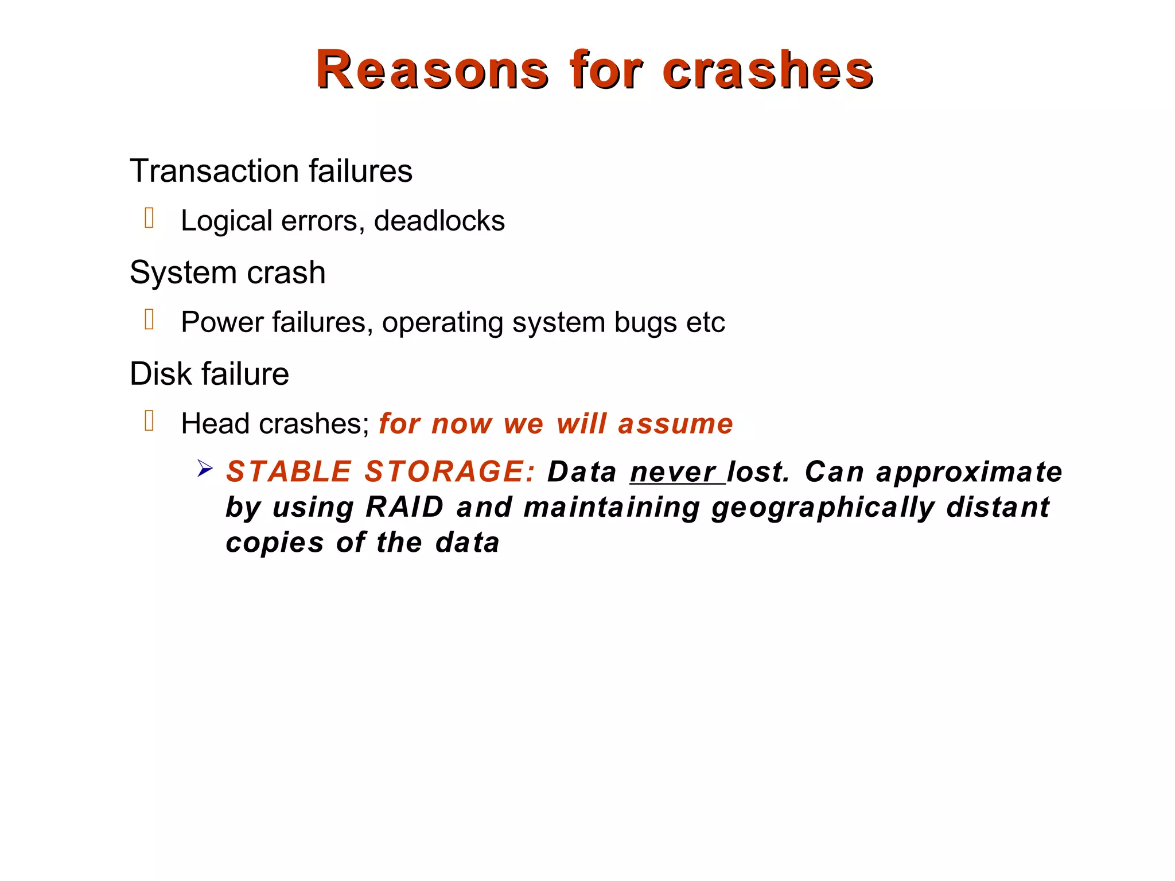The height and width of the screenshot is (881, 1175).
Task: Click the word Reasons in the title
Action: tap(431, 70)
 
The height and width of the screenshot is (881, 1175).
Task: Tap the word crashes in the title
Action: tap(768, 70)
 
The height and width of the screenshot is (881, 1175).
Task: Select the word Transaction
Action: tap(215, 171)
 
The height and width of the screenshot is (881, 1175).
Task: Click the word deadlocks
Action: tap(439, 221)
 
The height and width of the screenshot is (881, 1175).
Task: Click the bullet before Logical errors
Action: tap(149, 219)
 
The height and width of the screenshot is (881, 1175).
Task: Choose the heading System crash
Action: tap(227, 272)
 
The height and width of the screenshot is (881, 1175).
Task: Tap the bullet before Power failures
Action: tap(149, 319)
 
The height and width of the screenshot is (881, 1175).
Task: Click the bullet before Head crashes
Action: tap(149, 421)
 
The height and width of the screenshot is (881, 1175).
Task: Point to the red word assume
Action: tap(675, 424)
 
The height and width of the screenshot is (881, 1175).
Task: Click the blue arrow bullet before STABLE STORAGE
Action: tap(204, 469)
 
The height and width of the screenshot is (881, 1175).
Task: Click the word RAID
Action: tap(404, 507)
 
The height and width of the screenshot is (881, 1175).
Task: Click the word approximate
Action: tap(969, 473)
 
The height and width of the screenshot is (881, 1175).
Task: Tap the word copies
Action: tap(275, 543)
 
